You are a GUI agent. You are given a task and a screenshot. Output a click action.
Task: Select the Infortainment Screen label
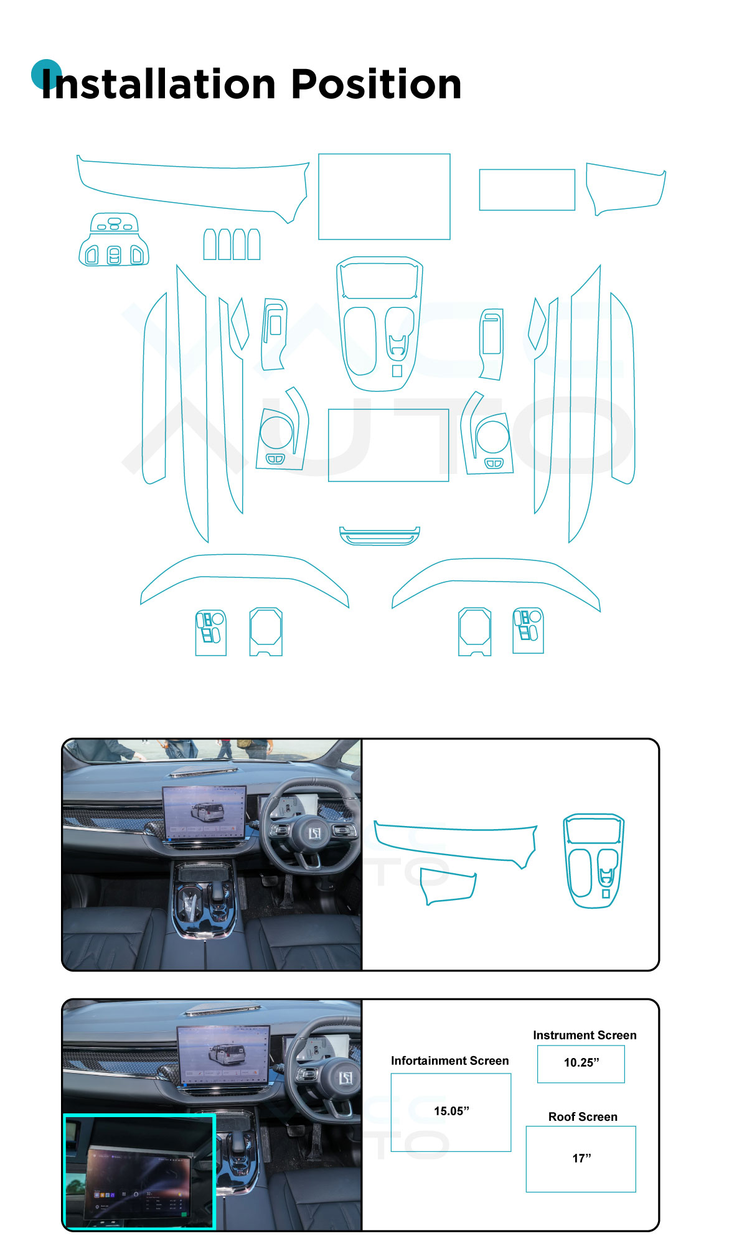[x=449, y=1061]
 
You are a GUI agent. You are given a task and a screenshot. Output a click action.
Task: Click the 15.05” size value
[x=451, y=1111]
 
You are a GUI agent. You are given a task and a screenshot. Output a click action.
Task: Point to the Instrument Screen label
[x=585, y=1035]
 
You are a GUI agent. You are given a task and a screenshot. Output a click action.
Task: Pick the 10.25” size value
[x=581, y=1062]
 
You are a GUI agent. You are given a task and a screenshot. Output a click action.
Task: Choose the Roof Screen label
[x=583, y=1116]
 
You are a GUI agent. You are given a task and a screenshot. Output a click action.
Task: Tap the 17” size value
[x=581, y=1158]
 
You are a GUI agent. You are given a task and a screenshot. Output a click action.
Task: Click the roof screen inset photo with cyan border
[x=139, y=1171]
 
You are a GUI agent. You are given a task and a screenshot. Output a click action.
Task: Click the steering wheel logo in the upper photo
[x=315, y=832]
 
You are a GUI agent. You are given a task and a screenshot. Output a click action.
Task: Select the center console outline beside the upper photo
[x=593, y=861]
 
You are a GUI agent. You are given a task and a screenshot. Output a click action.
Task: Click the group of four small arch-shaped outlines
[x=232, y=244]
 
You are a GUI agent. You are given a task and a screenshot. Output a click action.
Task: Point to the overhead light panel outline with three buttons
[x=114, y=239]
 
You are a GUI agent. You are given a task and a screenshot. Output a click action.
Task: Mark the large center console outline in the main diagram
[x=380, y=323]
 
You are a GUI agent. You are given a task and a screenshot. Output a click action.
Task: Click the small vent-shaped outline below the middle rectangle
[x=380, y=536]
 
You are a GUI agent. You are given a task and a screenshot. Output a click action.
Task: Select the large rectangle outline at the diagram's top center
[x=384, y=197]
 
